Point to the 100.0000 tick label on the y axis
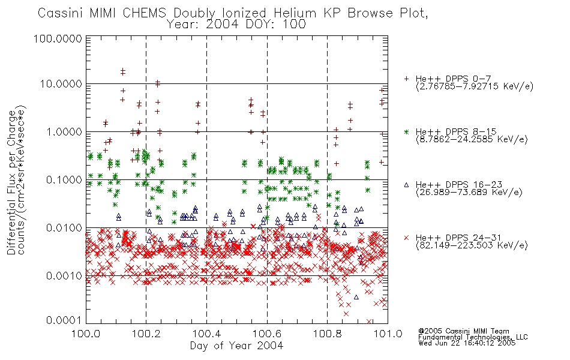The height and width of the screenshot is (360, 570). (58, 38)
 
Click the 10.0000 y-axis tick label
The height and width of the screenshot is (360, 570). (61, 84)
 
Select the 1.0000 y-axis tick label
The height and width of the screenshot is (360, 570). (64, 131)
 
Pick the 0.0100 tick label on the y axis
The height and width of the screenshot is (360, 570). (64, 228)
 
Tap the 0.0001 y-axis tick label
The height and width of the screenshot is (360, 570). (64, 320)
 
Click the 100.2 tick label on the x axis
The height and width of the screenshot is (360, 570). (146, 334)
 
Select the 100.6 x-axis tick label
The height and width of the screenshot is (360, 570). (267, 334)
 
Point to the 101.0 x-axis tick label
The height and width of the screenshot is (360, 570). (388, 334)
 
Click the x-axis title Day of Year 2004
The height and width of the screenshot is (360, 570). (236, 346)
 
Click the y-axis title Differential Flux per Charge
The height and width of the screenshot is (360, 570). (11, 182)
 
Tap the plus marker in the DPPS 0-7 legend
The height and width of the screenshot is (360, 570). (406, 79)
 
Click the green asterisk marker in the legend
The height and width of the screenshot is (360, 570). (406, 131)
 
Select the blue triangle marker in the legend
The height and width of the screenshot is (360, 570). (406, 185)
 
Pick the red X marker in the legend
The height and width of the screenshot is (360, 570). (406, 238)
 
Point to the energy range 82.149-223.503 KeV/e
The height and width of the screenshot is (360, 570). (472, 245)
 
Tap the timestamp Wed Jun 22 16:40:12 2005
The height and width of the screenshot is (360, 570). (467, 343)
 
